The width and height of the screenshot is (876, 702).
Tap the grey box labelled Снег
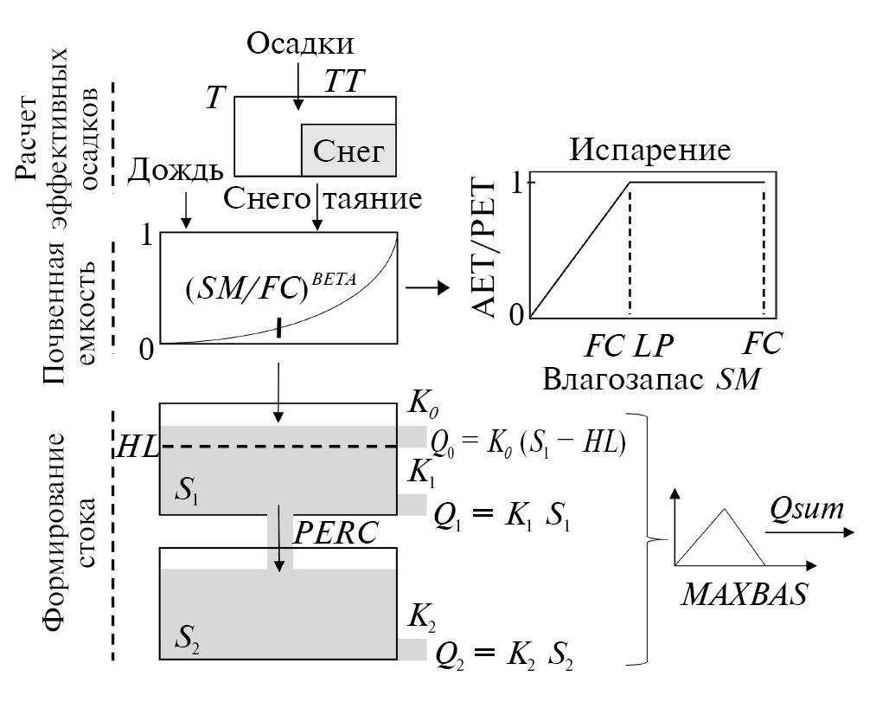(348, 151)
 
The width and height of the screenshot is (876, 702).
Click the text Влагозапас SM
(652, 378)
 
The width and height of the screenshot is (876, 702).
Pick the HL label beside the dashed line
(138, 448)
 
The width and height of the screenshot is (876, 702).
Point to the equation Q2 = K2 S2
(504, 654)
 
